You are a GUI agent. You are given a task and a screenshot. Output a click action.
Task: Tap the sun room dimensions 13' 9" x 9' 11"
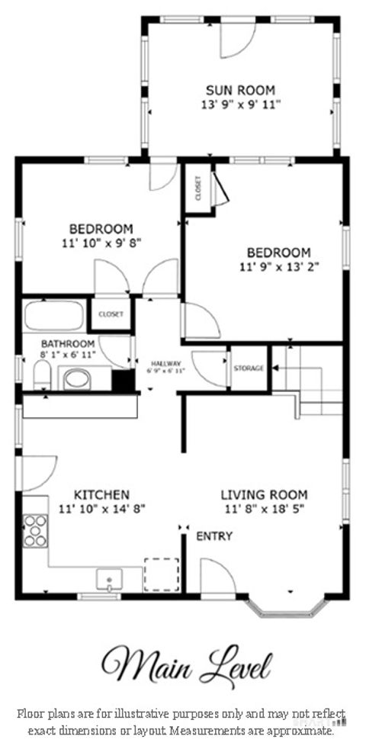239,105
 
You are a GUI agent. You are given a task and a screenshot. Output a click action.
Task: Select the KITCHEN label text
101,494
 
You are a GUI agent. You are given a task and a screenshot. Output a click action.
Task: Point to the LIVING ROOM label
264,494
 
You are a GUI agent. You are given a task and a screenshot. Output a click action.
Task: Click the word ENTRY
214,536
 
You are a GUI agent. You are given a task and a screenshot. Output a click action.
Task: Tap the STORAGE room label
249,368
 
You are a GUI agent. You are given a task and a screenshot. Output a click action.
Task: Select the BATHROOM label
68,344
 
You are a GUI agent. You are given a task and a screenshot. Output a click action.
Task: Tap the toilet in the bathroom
42,375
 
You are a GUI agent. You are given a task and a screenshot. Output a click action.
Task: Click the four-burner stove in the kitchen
35,530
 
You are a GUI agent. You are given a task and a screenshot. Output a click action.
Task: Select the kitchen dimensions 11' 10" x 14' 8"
101,508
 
